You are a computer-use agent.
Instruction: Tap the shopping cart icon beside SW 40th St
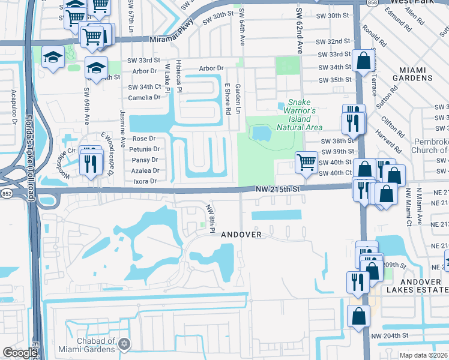[x=306, y=162]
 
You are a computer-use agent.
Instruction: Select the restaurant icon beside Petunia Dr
[x=91, y=162]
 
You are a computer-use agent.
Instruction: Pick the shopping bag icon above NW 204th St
[x=358, y=316]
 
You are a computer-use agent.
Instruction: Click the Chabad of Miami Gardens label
[x=87, y=345]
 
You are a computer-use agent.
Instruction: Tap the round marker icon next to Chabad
[x=124, y=344]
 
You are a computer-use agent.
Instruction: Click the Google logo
[x=19, y=353]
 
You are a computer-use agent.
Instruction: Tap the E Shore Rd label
[x=228, y=99]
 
